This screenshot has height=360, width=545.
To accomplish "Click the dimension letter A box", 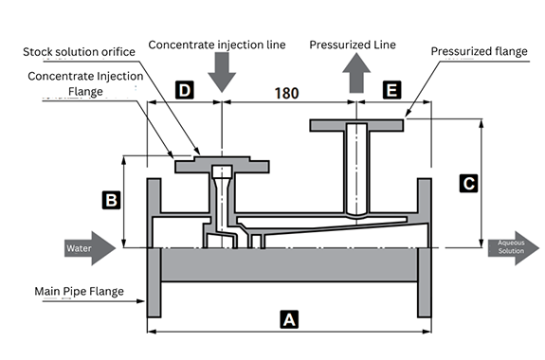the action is (289, 319).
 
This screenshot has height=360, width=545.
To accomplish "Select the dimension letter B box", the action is (111, 200).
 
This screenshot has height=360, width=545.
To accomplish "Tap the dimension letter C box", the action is (468, 183).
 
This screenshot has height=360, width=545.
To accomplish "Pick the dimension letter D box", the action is (185, 90).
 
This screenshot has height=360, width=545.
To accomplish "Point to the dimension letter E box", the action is (391, 90).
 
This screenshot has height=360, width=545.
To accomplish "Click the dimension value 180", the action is (286, 93).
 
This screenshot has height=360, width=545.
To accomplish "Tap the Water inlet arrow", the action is (90, 248).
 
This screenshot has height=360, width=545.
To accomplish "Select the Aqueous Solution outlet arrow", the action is (514, 248).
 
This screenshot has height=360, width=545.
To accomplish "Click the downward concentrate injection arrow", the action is (222, 72).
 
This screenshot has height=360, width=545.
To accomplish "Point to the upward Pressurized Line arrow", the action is (356, 73).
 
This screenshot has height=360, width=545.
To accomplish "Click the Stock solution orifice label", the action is (79, 52).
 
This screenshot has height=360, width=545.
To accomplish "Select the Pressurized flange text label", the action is (479, 51).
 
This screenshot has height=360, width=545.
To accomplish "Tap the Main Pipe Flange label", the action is (79, 291).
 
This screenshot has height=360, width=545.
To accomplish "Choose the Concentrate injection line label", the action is (217, 45).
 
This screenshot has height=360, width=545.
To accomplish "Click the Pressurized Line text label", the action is (353, 45).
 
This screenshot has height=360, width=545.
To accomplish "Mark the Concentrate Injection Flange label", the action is (85, 83).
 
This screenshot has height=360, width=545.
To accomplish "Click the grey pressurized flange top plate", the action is (356, 125).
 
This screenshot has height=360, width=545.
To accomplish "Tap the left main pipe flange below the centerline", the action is (154, 282).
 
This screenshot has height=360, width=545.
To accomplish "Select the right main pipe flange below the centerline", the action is (425, 282).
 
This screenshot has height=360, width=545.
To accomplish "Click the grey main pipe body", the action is (289, 264).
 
